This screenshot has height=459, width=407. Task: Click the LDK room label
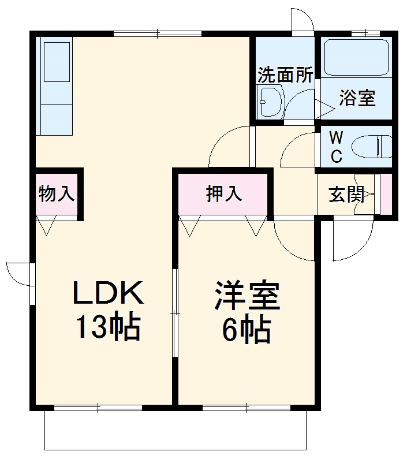click(x=107, y=294)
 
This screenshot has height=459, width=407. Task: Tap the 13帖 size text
click(x=107, y=328)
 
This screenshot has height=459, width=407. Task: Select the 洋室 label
click(x=247, y=297)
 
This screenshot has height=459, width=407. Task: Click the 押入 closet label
click(x=224, y=194)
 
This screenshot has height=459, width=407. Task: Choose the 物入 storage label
click(x=56, y=194)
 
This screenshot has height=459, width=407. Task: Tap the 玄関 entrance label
click(x=346, y=195)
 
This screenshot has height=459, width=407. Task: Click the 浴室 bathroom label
click(x=357, y=98)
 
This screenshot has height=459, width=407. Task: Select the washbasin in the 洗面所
click(x=269, y=102)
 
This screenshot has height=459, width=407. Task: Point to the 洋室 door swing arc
click(x=291, y=239)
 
